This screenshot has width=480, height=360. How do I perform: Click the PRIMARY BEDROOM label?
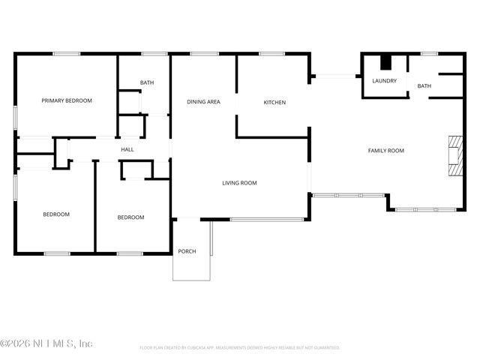click(67, 100)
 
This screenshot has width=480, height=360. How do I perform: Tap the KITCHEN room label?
click(274, 103)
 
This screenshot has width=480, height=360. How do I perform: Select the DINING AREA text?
click(203, 102)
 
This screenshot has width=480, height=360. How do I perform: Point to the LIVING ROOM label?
click(239, 183)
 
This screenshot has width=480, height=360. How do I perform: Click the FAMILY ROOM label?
click(385, 151)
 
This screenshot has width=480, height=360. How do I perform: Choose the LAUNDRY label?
click(384, 81)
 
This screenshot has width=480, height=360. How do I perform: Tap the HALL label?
click(127, 150)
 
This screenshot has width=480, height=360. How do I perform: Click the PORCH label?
click(187, 251)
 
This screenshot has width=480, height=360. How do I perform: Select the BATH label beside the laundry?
click(424, 86)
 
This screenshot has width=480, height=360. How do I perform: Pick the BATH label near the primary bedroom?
click(147, 82)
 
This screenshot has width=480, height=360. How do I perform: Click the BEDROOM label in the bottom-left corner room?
click(55, 214)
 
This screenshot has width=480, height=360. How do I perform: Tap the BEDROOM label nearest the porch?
click(130, 217)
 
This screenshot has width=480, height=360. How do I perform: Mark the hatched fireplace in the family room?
click(455, 155)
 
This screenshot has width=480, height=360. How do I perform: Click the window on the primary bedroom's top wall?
click(66, 53)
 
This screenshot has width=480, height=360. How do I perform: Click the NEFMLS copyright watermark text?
click(46, 343)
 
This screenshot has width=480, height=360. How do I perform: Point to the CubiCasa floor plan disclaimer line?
click(240, 348)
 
